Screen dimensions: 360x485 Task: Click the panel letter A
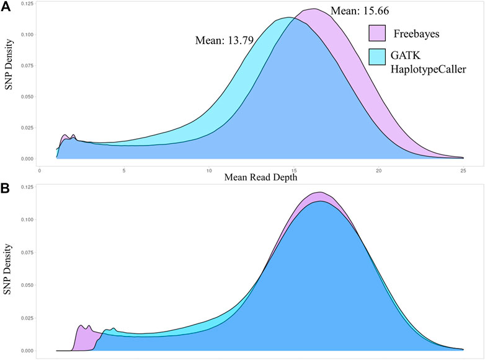[x=6, y=6]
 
